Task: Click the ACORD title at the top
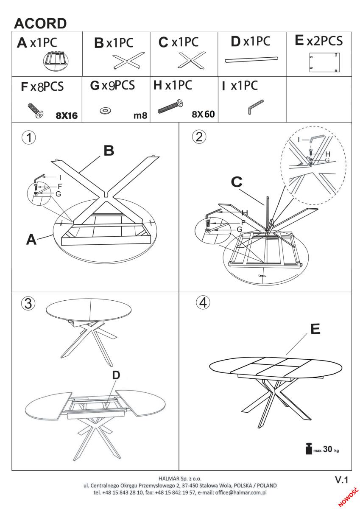pyautogui.click(x=40, y=23)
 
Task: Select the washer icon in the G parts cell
pyautogui.click(x=105, y=111)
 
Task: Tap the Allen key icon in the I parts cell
pyautogui.click(x=255, y=106)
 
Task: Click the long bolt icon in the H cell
pyautogui.click(x=170, y=106)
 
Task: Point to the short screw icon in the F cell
pyautogui.click(x=36, y=110)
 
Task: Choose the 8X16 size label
pyautogui.click(x=67, y=116)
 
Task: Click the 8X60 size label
pyautogui.click(x=203, y=114)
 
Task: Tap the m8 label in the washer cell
pyautogui.click(x=140, y=115)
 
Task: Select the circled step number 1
pyautogui.click(x=28, y=137)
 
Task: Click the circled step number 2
pyautogui.click(x=199, y=137)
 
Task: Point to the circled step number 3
pyautogui.click(x=28, y=303)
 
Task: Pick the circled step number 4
pyautogui.click(x=203, y=302)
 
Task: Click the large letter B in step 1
pyautogui.click(x=109, y=151)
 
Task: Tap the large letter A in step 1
pyautogui.click(x=31, y=240)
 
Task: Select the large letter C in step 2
pyautogui.click(x=237, y=182)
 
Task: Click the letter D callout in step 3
pyautogui.click(x=116, y=375)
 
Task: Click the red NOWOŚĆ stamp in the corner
pyautogui.click(x=349, y=497)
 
